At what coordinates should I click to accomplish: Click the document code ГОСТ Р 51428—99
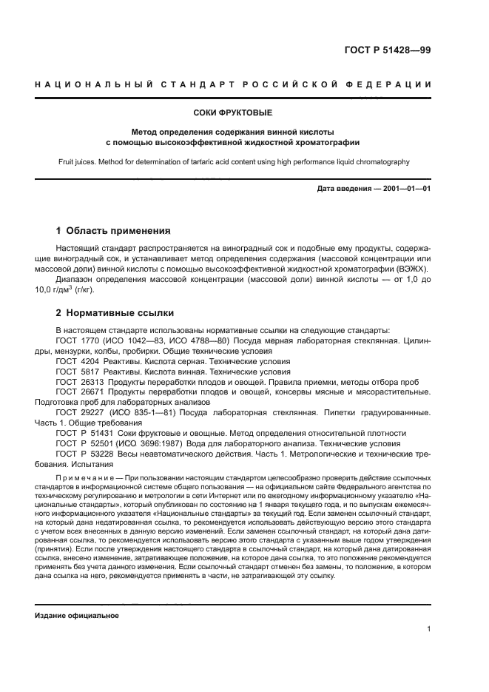pos(388,50)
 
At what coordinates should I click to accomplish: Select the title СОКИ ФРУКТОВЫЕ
pos(244,113)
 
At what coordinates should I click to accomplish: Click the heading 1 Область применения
pos(113,230)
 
